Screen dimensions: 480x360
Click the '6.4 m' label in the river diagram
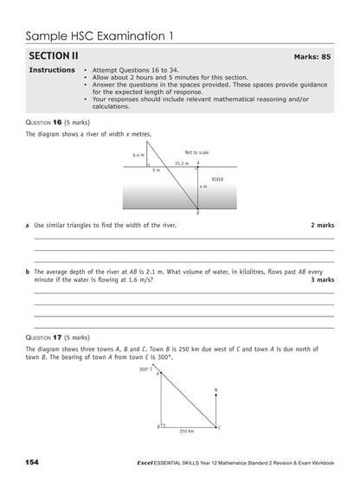pyautogui.click(x=138, y=155)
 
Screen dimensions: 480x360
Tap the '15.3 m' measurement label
pyautogui.click(x=180, y=163)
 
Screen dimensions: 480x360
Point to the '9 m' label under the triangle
pyautogui.click(x=156, y=170)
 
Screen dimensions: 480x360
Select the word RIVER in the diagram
pyautogui.click(x=217, y=179)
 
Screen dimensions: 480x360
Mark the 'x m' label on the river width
pyautogui.click(x=203, y=187)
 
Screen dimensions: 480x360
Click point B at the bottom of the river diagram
pyautogui.click(x=198, y=214)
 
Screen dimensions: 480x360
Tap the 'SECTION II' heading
pyautogui.click(x=55, y=54)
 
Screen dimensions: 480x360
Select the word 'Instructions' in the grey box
pyautogui.click(x=52, y=70)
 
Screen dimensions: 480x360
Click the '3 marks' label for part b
pyautogui.click(x=322, y=280)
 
